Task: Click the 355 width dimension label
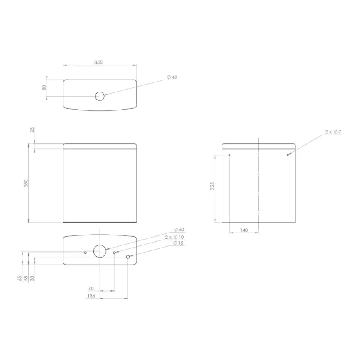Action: (x=98, y=62)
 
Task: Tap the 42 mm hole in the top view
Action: (x=100, y=96)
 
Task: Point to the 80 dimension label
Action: (x=43, y=88)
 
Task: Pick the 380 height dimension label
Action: (x=25, y=183)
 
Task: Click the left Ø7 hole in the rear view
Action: (x=230, y=155)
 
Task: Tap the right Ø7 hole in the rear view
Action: (x=287, y=155)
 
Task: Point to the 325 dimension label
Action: (x=212, y=186)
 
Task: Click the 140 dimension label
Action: (x=244, y=230)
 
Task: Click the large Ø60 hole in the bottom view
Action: (x=100, y=251)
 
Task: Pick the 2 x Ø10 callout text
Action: (x=174, y=236)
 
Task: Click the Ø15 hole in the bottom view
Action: (x=128, y=257)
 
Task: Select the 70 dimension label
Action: (x=91, y=288)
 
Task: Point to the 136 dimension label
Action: (x=91, y=295)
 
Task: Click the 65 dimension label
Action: (x=20, y=278)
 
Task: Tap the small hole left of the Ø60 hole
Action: (x=85, y=252)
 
